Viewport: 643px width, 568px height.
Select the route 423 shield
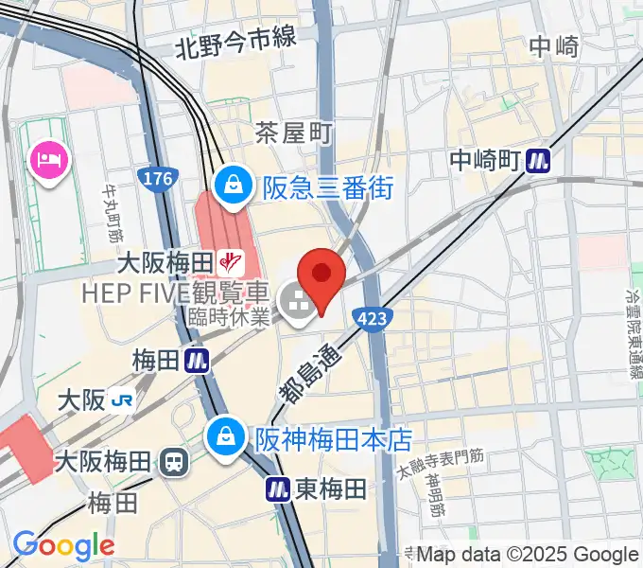point(371,319)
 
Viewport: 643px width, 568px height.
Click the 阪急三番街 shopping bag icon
point(233,186)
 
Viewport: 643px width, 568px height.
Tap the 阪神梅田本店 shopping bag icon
point(227,438)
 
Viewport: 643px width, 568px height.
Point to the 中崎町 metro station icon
point(539,161)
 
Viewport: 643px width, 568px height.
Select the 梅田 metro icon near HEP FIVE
point(197,360)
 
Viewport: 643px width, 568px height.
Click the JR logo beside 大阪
point(121,400)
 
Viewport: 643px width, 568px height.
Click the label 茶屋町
point(294,134)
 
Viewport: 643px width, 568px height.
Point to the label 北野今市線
point(235,42)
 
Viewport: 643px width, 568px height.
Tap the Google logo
point(62,545)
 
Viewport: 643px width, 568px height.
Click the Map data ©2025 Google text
point(527,555)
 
